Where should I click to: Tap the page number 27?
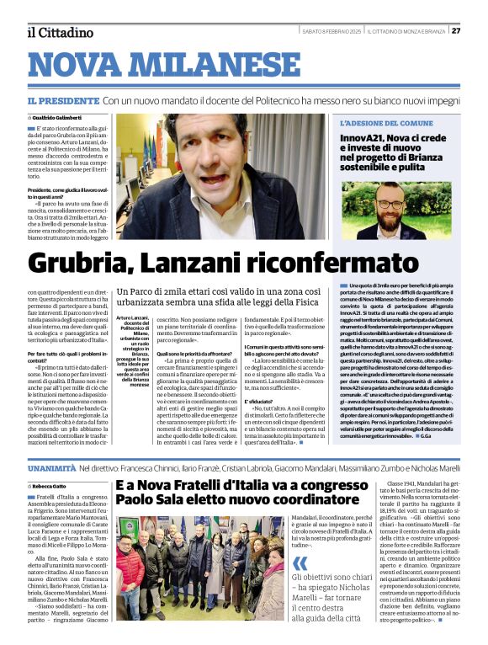(455, 31)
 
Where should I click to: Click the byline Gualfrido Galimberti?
(61, 117)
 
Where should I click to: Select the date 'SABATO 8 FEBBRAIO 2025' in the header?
(332, 31)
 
